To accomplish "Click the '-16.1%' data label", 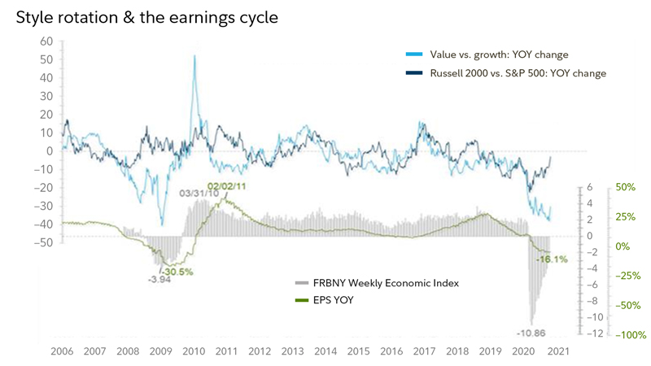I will tap(552, 259).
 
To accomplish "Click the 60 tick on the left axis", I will tap(46, 41).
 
